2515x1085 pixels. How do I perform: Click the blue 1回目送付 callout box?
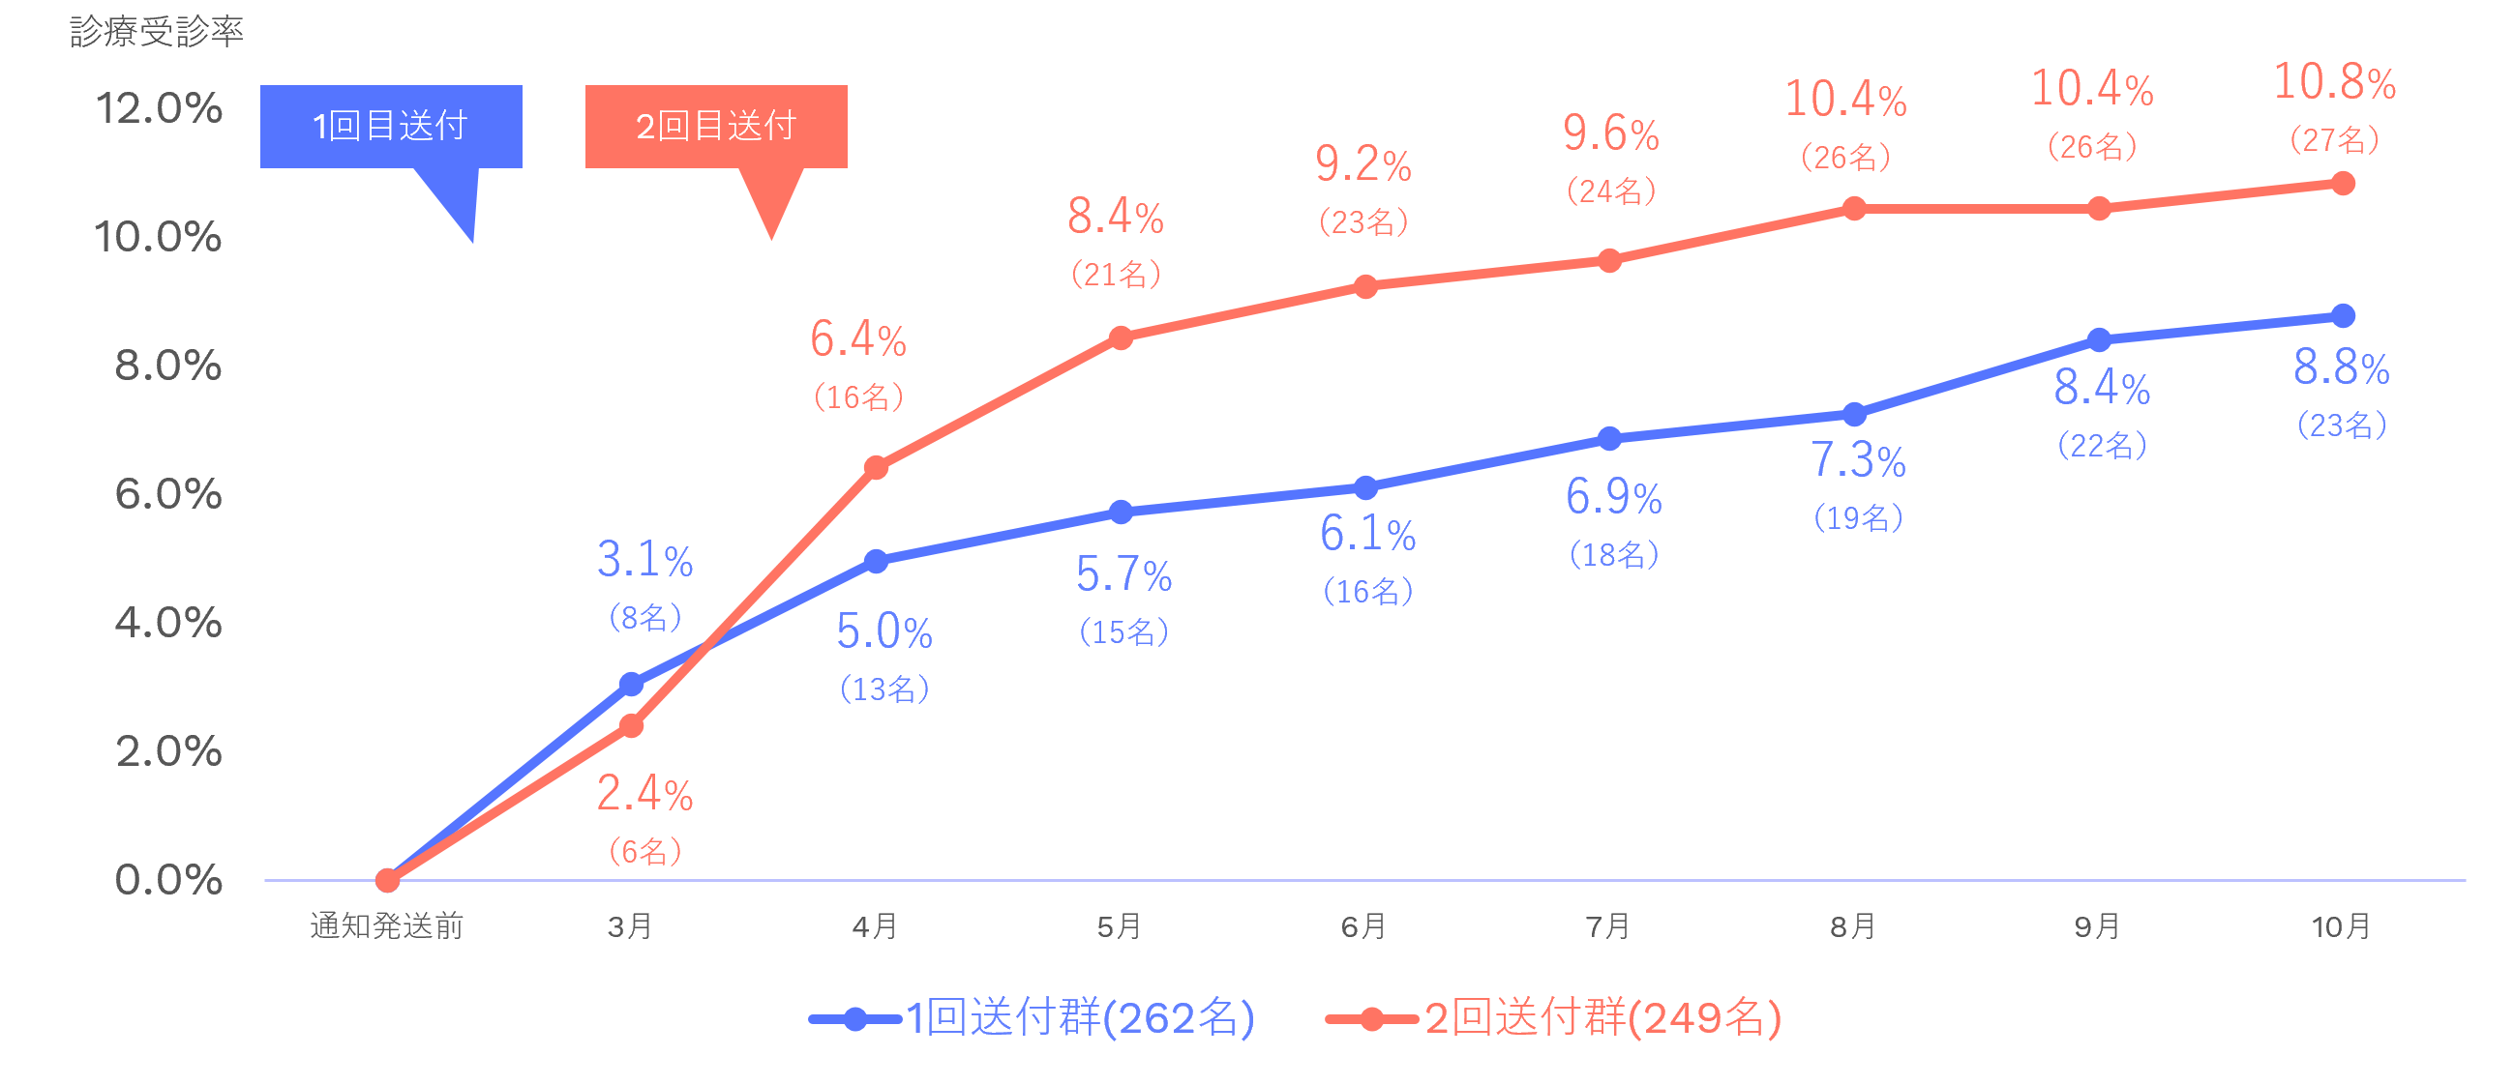[391, 126]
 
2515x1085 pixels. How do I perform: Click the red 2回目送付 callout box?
[716, 126]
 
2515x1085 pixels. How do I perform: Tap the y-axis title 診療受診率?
[156, 32]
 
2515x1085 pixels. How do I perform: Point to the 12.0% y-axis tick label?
[159, 108]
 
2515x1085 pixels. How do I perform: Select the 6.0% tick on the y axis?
[168, 495]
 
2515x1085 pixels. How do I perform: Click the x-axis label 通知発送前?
[387, 925]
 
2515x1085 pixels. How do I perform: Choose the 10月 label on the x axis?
[2341, 925]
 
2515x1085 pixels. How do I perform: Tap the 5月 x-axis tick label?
[1120, 925]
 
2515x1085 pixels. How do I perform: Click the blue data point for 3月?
[632, 684]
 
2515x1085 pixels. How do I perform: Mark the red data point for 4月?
[876, 468]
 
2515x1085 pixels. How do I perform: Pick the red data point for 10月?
[2342, 184]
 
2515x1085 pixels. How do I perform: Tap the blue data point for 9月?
[2099, 339]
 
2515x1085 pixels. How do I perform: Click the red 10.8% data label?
[2334, 82]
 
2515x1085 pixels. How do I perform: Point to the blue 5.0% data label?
[884, 632]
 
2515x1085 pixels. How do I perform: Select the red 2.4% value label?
[645, 793]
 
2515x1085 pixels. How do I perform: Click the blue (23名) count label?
[2341, 425]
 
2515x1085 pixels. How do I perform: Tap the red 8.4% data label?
[1116, 217]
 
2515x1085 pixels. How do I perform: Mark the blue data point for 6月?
[1365, 486]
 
